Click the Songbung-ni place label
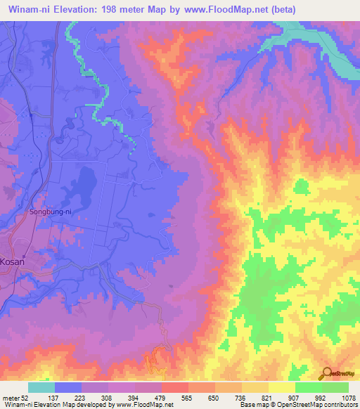tap(31, 210)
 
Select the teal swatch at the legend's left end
tap(41, 387)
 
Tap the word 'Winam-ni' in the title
tap(28, 9)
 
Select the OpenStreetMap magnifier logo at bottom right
tap(326, 372)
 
